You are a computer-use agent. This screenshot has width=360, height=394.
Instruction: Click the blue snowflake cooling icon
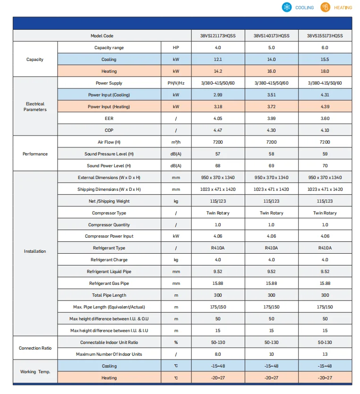pos(287,7)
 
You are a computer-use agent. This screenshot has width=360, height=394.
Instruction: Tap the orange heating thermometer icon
pos(325,7)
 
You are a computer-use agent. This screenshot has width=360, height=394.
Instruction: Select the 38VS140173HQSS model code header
pos(271,36)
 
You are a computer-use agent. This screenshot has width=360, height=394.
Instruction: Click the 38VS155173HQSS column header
pos(325,36)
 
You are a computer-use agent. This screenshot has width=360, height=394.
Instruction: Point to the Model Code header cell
pos(102,36)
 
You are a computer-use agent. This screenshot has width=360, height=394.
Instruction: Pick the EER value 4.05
pos(218,119)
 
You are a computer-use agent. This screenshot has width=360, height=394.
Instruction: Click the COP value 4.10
pos(325,130)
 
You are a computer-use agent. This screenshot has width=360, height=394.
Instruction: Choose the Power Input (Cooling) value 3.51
pos(271,95)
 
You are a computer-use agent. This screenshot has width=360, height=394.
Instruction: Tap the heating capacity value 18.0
pos(325,71)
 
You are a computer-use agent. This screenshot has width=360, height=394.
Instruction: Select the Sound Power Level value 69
pos(271,166)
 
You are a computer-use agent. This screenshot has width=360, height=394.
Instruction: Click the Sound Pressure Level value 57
pos(218,154)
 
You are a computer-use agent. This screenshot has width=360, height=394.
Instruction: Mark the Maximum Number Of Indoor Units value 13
pos(325,354)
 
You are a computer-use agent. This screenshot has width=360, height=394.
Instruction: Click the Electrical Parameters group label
pos(35,107)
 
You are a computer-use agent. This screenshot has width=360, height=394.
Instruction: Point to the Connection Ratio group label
pos(35,348)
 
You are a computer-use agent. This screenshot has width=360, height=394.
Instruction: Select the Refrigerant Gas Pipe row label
pos(109,283)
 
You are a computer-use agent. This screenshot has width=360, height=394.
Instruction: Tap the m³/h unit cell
pos(176,142)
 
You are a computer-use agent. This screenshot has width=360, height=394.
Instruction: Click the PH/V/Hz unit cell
pos(176,83)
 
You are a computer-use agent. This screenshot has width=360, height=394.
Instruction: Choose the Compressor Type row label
pos(109,213)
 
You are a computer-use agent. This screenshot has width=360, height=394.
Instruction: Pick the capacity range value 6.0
pos(325,48)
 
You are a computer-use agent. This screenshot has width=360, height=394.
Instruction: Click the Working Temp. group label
pos(35,372)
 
